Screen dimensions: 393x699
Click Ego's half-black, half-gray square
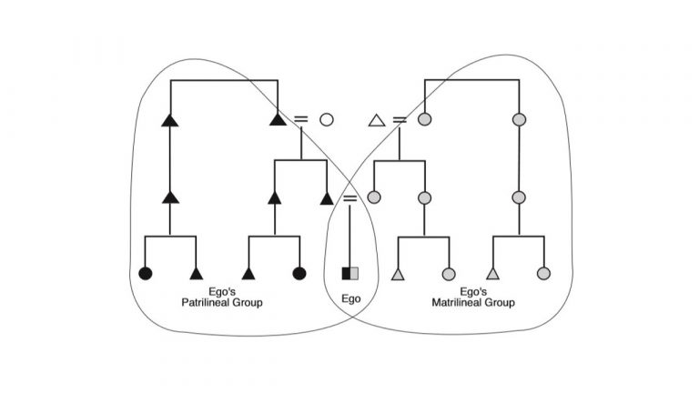click(350, 273)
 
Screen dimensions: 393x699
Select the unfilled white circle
click(327, 119)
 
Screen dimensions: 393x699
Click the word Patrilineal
click(220, 302)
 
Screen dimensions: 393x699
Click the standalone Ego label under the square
click(350, 297)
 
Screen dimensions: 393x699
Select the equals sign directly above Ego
click(350, 197)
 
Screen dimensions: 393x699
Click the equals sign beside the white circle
click(301, 119)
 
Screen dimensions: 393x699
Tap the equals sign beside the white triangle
click(399, 119)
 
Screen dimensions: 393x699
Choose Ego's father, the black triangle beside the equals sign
click(327, 197)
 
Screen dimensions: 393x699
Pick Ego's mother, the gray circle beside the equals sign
click(374, 197)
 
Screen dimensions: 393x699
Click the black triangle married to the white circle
click(278, 119)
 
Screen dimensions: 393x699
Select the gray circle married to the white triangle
click(423, 119)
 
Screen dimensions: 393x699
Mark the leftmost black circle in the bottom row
click(145, 273)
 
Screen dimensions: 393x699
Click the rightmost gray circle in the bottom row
click(543, 273)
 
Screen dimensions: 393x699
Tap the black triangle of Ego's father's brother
click(274, 197)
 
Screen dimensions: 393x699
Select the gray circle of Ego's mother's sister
click(423, 197)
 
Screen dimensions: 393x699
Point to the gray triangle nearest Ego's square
click(398, 273)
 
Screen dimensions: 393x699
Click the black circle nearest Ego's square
click(299, 273)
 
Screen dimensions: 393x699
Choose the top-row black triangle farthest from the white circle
click(168, 119)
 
